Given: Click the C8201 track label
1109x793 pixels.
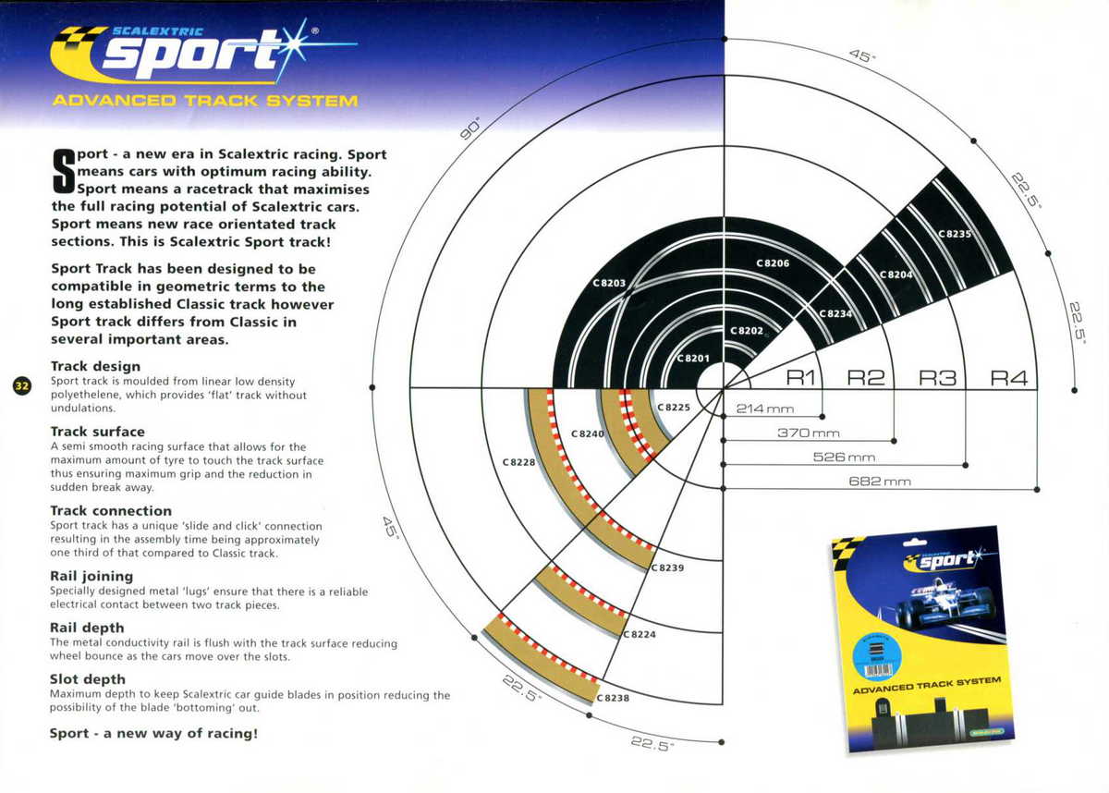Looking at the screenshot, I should tap(693, 358).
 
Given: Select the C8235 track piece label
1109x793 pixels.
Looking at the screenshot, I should tap(956, 234).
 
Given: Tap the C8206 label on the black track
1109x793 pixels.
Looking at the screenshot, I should tap(773, 263).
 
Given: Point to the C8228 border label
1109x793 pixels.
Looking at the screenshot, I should tap(519, 461).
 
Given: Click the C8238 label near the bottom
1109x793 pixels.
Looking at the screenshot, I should tap(613, 698).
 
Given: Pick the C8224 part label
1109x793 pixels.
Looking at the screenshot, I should tap(639, 635).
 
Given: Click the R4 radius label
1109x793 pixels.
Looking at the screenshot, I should tap(1009, 377).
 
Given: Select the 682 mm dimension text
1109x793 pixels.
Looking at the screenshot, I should tap(880, 482).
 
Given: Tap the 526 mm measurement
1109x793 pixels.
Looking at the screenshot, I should tap(844, 457).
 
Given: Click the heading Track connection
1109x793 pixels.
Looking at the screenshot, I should tap(111, 510).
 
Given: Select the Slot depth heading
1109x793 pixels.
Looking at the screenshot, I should tap(88, 679).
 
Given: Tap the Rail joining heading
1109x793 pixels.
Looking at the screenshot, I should tap(91, 576).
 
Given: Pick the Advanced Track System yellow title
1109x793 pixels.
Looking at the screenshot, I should tap(205, 100).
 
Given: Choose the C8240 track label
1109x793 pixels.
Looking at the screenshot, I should tap(587, 433).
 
